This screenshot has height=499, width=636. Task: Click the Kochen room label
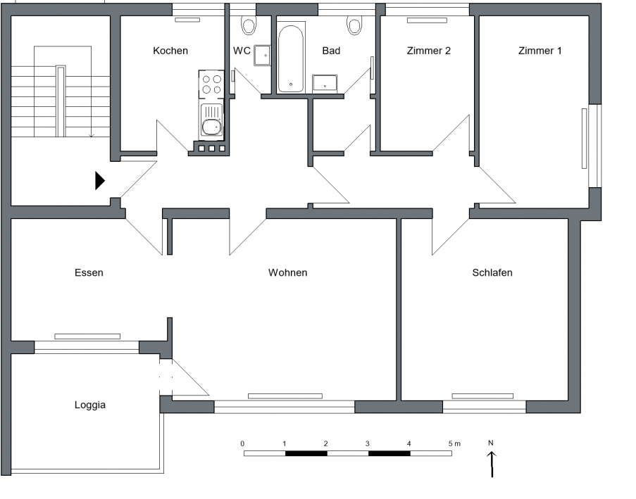tap(170, 51)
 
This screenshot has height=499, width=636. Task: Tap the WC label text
tap(242, 51)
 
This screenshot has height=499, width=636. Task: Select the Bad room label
tap(331, 51)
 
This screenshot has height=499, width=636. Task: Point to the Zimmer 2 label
tap(429, 51)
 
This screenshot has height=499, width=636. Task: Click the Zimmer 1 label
tap(540, 51)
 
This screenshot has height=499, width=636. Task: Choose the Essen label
tap(89, 272)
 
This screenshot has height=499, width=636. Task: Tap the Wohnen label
tap(287, 272)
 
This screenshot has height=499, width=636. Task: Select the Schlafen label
tap(492, 272)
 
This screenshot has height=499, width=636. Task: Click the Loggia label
tap(90, 405)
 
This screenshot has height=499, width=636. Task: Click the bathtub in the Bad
tap(290, 59)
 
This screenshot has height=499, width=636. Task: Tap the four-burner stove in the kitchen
tap(211, 84)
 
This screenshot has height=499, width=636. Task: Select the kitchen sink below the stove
tap(211, 121)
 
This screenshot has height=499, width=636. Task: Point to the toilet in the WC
tap(248, 25)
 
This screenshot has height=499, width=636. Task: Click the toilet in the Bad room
tap(354, 25)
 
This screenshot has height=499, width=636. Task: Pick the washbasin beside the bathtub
tap(325, 84)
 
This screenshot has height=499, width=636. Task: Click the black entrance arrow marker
tap(100, 181)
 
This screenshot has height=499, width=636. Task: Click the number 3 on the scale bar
tap(368, 444)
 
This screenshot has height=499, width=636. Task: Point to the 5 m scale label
tap(455, 444)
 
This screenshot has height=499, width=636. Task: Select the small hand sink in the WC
tap(262, 55)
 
